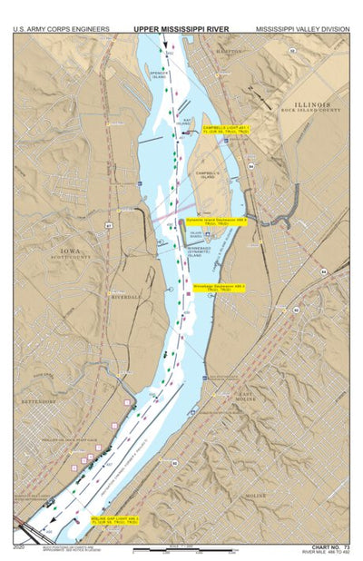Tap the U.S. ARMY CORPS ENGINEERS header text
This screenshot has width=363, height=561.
tap(62, 29)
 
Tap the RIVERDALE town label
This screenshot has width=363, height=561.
tap(125, 297)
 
